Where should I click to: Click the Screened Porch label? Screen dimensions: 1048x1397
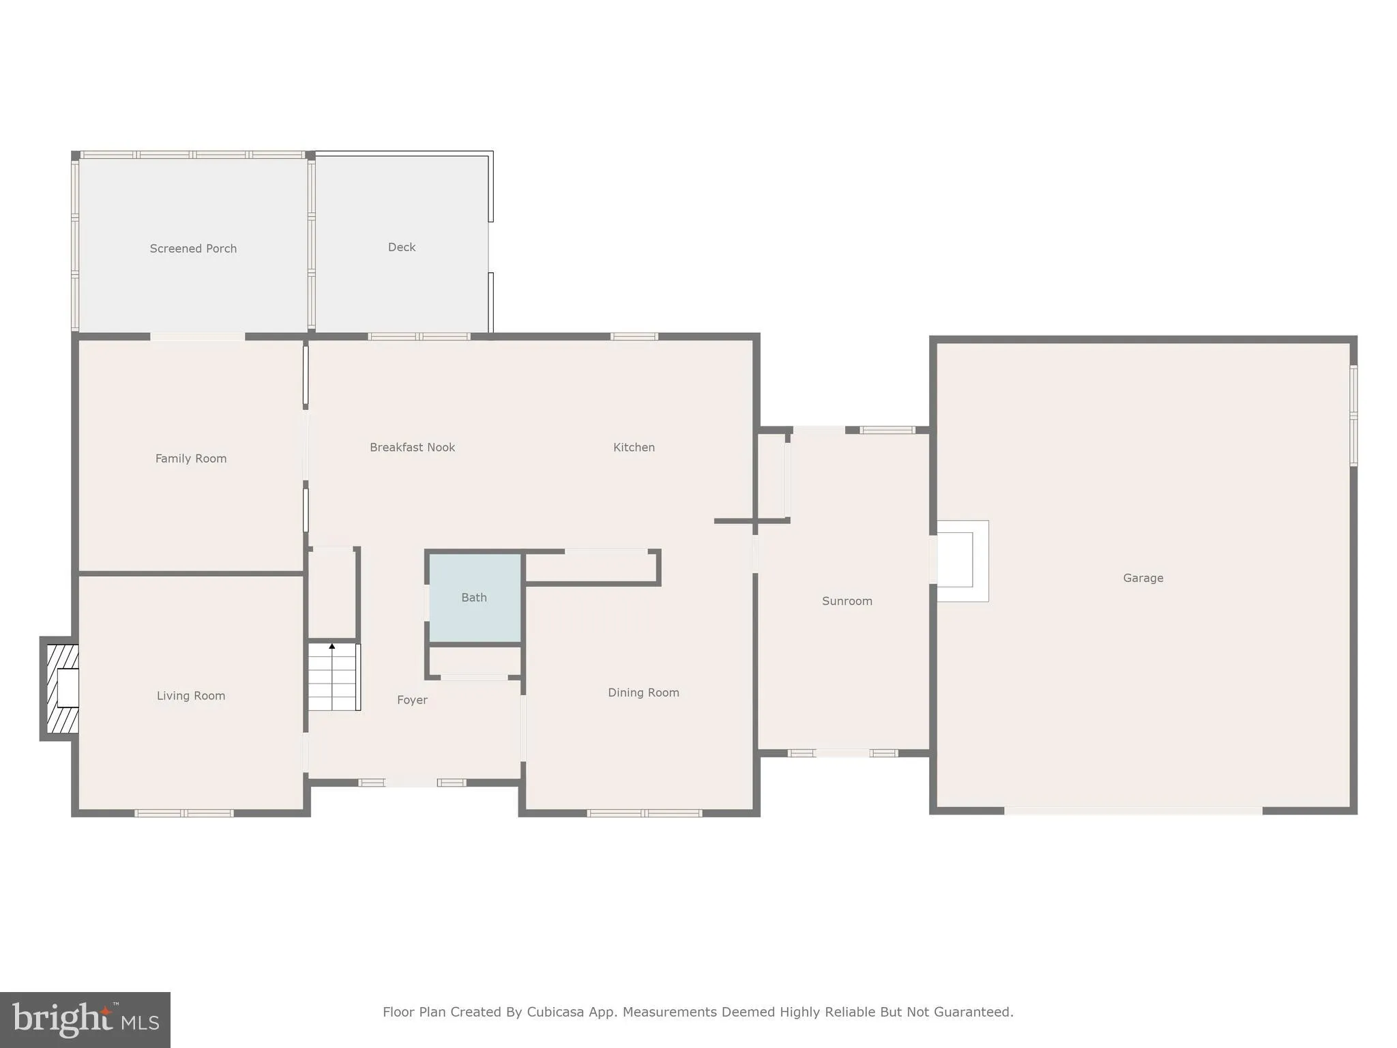click(x=193, y=248)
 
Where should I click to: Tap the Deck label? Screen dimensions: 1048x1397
click(x=401, y=247)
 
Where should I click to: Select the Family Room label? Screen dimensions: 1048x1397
click(x=190, y=458)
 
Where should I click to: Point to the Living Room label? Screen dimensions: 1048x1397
click(x=190, y=695)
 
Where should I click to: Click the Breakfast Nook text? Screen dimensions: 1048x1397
click(x=412, y=447)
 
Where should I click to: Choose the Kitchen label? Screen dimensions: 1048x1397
click(x=634, y=447)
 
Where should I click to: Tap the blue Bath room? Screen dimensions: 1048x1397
click(x=474, y=598)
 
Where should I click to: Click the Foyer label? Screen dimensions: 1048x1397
click(x=412, y=699)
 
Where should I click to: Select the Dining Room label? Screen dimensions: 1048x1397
click(x=643, y=693)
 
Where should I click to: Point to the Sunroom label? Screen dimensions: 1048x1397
click(x=847, y=601)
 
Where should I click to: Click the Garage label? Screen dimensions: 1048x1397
click(x=1143, y=578)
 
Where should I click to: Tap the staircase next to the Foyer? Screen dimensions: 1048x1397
click(x=334, y=677)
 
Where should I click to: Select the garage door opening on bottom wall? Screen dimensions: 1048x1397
click(x=1132, y=811)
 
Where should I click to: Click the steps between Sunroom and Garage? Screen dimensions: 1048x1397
click(x=961, y=561)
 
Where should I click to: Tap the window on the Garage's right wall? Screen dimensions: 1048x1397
click(x=1353, y=416)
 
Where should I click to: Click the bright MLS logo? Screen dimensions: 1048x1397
click(x=85, y=1020)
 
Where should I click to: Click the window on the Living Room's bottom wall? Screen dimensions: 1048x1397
click(x=183, y=813)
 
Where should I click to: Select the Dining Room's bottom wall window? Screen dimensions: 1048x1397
click(x=644, y=813)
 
